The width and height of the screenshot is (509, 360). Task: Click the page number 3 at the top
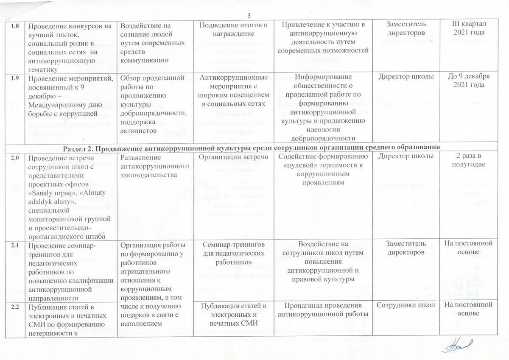[x=249, y=16]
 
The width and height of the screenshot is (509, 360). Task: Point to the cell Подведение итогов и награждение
[x=233, y=28]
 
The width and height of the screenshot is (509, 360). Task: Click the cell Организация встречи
[x=233, y=156]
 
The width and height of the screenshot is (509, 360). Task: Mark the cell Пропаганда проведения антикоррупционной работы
[x=323, y=310]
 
